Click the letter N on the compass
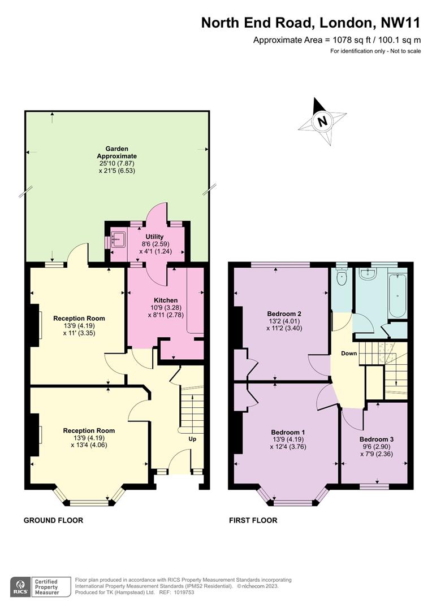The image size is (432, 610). coord(322,121)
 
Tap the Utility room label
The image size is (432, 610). coord(154,237)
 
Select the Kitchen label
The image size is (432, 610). coord(166,300)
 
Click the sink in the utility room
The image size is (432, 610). coord(118,239)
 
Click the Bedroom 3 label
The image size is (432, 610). coord(377,439)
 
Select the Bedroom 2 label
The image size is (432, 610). coord(284,313)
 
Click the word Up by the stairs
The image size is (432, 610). coord(192,439)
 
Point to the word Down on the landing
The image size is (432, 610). coord(349,353)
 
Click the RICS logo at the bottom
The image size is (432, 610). coord(21,587)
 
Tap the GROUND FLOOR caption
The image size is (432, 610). coord(53,520)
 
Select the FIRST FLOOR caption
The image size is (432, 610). coord(253,520)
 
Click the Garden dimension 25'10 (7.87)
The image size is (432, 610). coord(117,163)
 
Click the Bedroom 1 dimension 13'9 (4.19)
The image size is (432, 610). coord(288,439)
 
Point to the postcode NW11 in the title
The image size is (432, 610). coord(400,23)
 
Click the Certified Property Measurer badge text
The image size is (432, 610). coord(46,587)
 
